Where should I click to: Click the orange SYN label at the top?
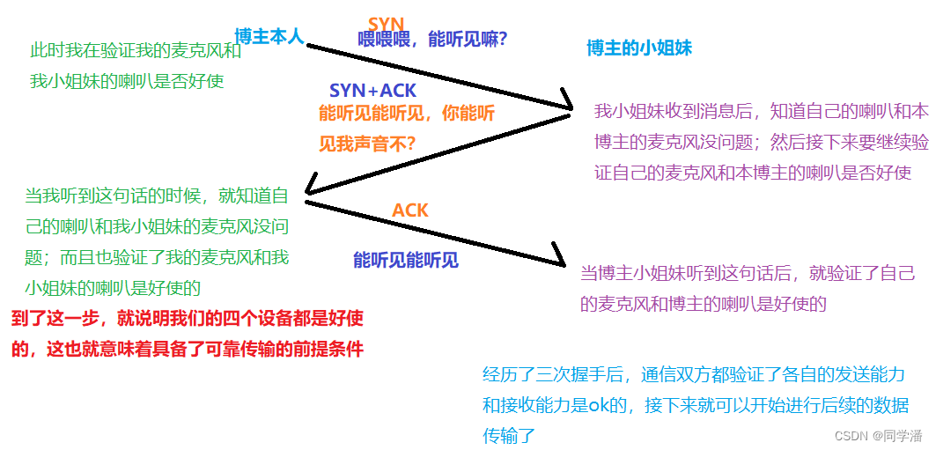click(386, 24)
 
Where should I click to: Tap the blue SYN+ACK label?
click(372, 91)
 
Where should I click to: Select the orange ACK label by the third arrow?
click(409, 210)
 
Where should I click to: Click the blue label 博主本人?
click(269, 36)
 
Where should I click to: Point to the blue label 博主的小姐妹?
click(639, 48)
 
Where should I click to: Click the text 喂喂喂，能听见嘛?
click(432, 40)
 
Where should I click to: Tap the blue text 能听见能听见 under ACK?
click(406, 260)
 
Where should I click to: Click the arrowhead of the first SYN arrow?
click(564, 107)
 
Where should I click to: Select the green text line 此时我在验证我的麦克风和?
click(136, 51)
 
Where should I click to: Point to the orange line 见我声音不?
click(367, 143)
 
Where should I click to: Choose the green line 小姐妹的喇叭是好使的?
click(114, 287)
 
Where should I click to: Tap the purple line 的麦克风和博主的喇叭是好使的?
click(704, 305)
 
